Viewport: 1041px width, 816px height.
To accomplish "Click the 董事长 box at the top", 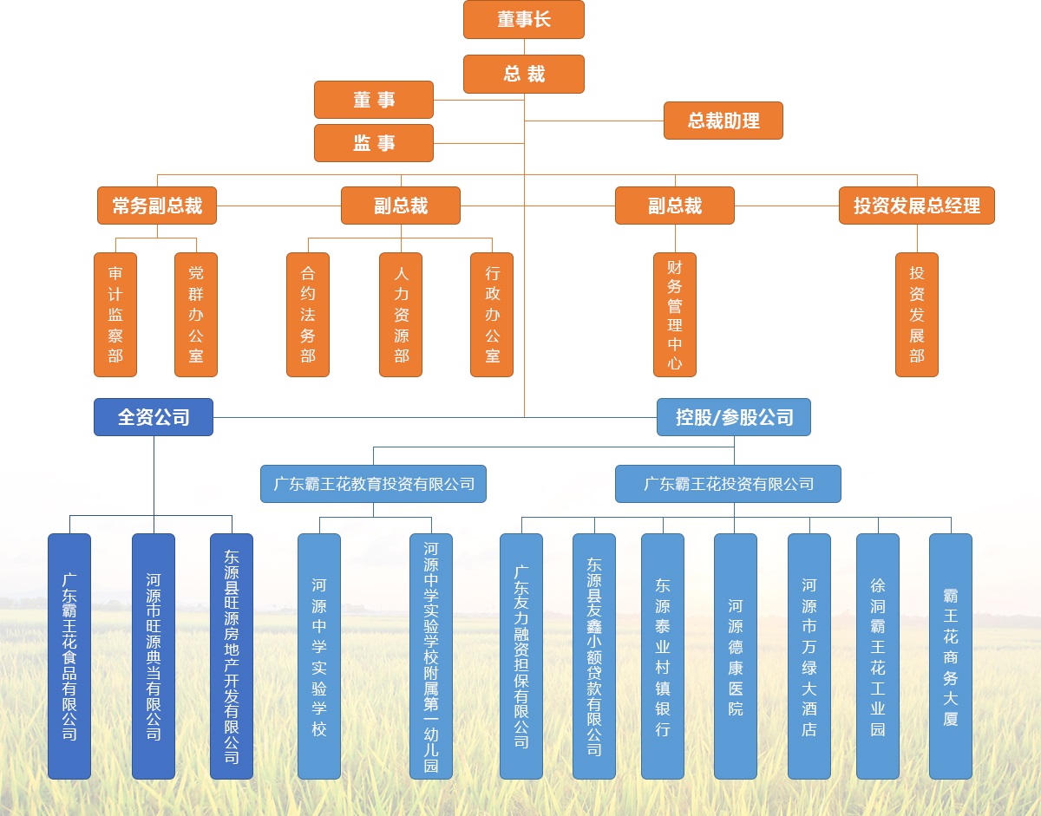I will pos(523,19).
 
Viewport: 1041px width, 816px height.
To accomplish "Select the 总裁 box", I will pos(523,74).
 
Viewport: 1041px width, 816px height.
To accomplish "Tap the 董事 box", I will pos(373,100).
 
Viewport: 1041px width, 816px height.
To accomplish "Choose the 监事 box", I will pos(373,143).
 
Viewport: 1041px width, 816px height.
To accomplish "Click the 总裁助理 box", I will pos(723,121).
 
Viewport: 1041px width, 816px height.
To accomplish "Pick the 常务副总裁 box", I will pos(157,206).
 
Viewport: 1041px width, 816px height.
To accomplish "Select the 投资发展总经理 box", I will pos(916,206).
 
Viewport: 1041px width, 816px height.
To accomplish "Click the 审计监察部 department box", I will pos(115,315).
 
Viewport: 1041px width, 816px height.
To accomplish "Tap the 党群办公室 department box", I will pos(196,315).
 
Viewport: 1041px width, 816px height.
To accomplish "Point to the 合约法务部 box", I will pos(308,315).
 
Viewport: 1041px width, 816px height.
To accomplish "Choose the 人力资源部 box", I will pos(401,315).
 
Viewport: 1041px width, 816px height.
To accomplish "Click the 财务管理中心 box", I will pos(674,315).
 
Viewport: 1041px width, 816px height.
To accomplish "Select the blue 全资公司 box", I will pos(154,417).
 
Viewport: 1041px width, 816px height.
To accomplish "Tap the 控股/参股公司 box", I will pos(734,417).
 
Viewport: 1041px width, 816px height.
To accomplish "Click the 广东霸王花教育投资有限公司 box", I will pos(373,484).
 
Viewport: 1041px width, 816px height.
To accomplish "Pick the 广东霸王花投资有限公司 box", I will pos(728,484).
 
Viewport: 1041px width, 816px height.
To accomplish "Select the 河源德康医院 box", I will pos(735,656).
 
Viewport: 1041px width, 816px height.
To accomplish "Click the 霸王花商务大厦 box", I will pos(950,656).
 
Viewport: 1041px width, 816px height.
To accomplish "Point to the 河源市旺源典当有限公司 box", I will pos(154,656).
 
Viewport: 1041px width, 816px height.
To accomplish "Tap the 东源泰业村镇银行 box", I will pos(663,656).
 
